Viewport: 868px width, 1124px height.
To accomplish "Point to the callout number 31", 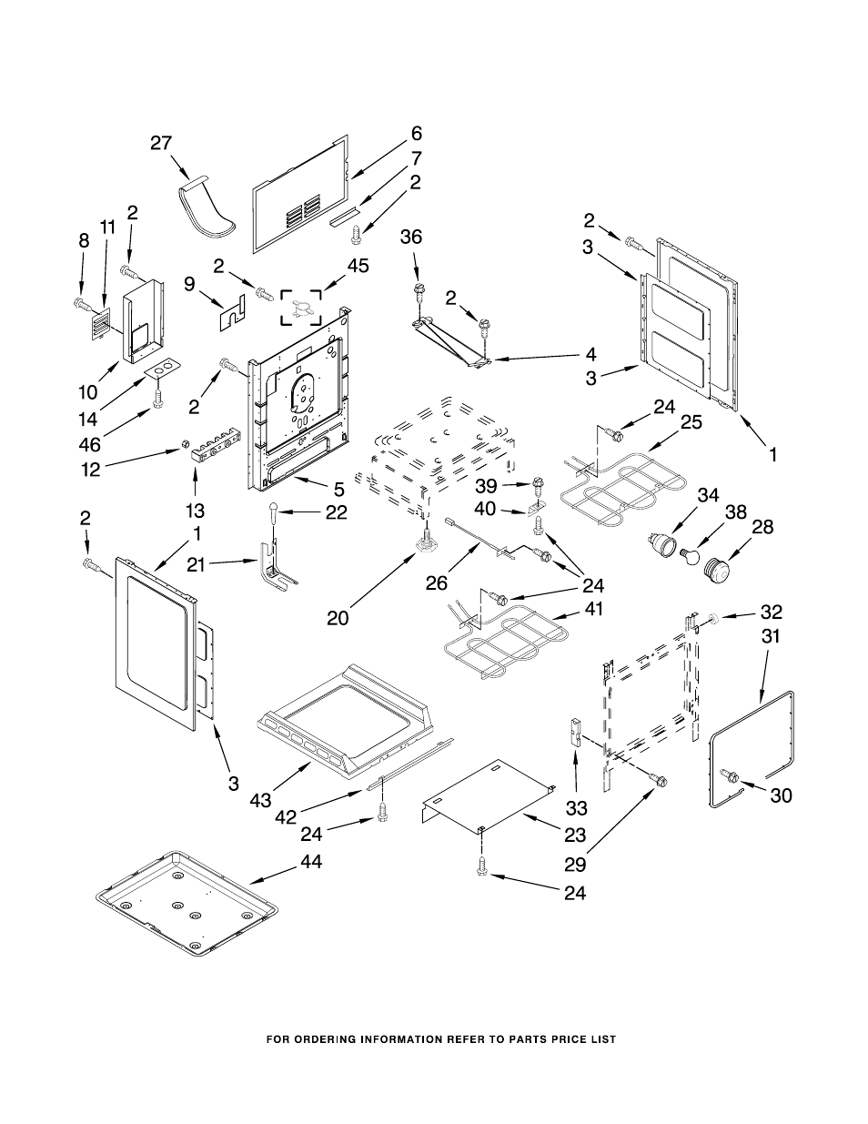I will [x=771, y=637].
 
